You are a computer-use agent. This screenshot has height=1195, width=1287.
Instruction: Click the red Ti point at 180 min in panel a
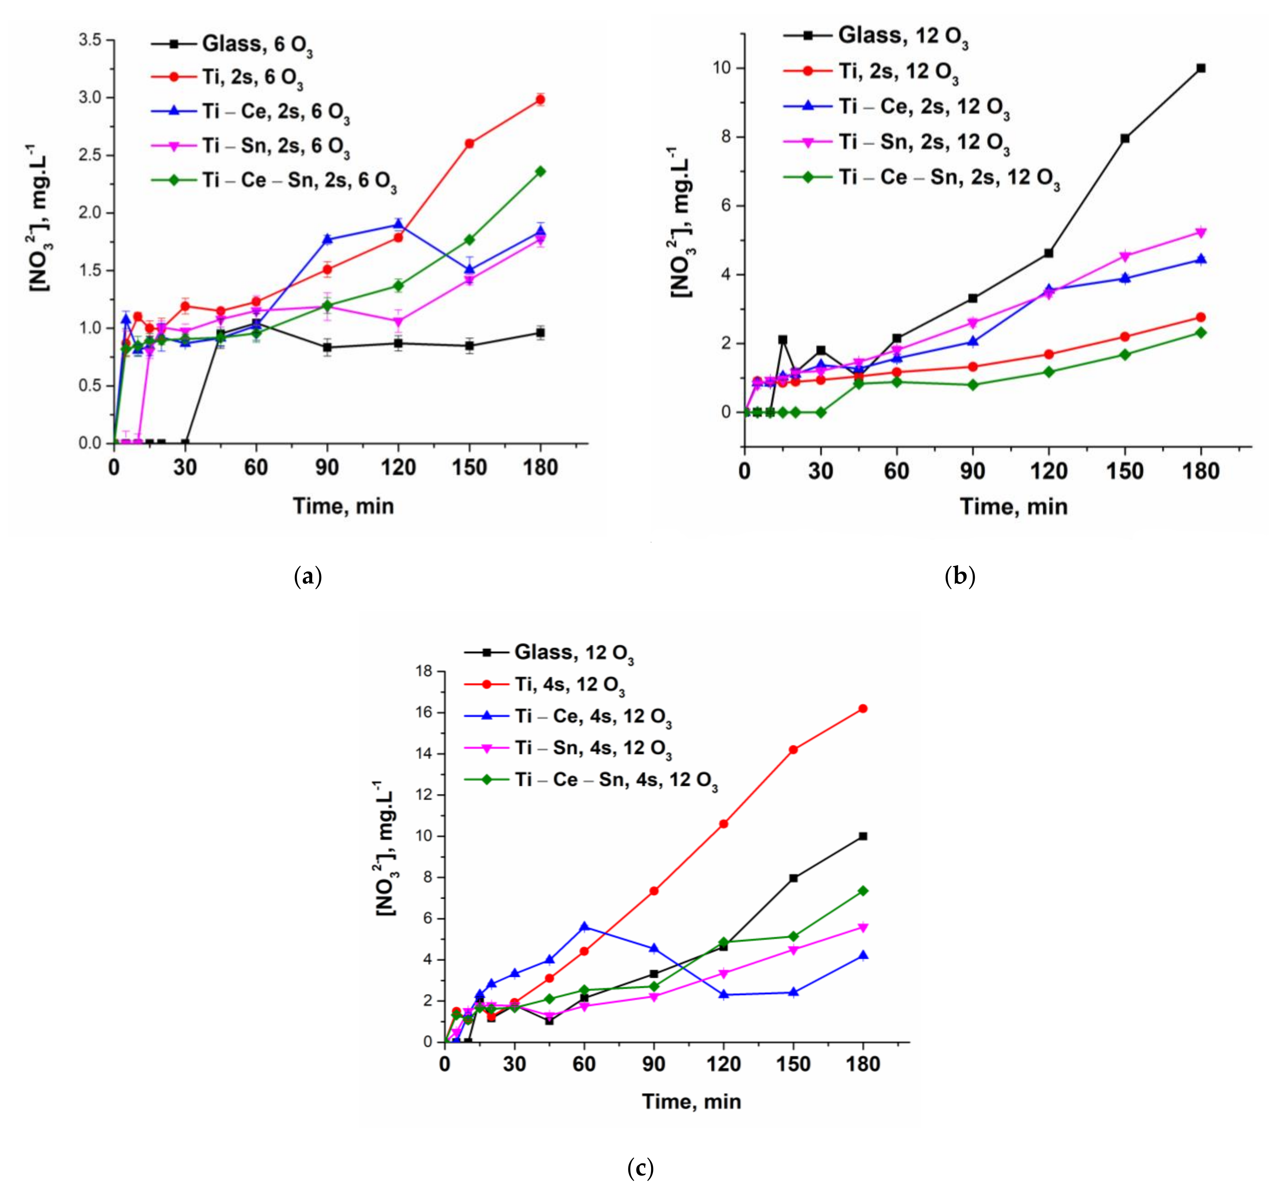[x=540, y=99]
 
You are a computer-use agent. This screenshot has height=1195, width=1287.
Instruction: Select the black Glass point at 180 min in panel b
[x=1201, y=68]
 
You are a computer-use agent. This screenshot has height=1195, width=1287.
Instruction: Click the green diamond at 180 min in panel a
[x=540, y=171]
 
